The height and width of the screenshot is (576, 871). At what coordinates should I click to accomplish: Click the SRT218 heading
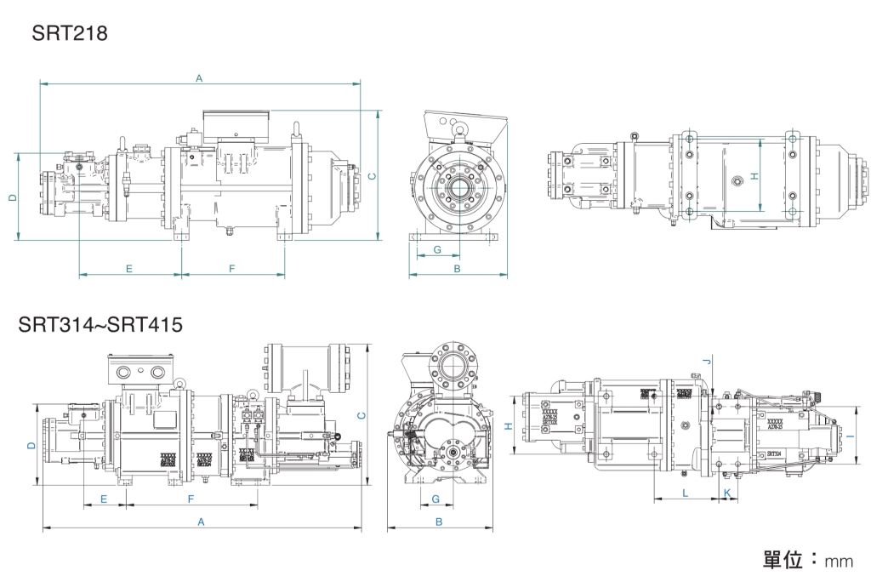click(x=69, y=33)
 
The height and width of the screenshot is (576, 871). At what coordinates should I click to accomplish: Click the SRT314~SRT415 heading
click(x=100, y=324)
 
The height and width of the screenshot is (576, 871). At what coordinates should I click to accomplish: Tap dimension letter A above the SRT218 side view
click(x=199, y=78)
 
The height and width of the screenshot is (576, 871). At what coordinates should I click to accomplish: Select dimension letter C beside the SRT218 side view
click(x=373, y=175)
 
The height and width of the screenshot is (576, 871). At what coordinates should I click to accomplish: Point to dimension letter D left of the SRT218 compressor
click(x=12, y=197)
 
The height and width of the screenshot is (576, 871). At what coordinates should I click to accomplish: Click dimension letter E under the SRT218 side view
click(x=129, y=269)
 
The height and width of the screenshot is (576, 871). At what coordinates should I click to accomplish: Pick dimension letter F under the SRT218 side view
click(x=231, y=269)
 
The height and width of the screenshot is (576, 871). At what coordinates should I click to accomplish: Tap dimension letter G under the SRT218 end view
click(x=437, y=250)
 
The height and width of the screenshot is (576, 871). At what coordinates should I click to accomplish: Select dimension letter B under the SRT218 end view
click(x=457, y=269)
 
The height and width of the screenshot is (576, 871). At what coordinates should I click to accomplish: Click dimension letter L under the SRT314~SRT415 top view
click(x=685, y=493)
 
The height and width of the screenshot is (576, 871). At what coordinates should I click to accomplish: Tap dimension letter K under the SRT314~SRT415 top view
click(x=726, y=493)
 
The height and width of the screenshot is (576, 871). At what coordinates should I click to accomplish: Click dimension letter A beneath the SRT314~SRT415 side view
click(x=202, y=522)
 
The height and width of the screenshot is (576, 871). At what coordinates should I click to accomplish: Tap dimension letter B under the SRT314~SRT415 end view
click(x=439, y=522)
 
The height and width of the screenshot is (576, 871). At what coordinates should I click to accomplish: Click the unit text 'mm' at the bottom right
click(x=838, y=562)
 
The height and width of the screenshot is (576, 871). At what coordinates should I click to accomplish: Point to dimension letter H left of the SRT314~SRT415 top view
click(x=508, y=427)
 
